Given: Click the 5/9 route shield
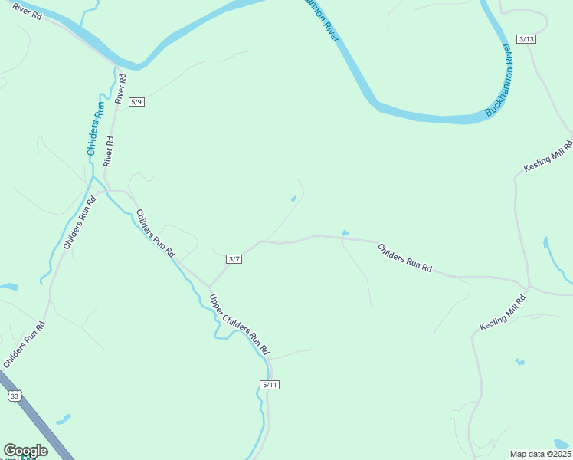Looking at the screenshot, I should (136, 102).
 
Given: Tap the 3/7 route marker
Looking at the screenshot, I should (234, 259).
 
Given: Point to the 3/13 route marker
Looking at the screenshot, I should (526, 39).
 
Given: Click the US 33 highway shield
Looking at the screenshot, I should (15, 396).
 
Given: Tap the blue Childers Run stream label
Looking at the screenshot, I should (96, 129).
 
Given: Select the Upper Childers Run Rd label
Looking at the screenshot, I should (240, 324).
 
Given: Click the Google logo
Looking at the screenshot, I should (25, 451).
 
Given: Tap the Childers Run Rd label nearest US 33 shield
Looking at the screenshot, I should (24, 345).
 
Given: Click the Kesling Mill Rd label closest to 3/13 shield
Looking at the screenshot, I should (548, 156).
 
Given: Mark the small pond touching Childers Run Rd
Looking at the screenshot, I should (345, 233).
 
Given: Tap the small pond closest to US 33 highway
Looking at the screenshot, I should (63, 419).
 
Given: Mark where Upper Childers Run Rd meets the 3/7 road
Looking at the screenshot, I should (209, 286).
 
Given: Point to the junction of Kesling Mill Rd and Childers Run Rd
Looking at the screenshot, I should (528, 286).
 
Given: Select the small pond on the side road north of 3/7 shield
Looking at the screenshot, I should (293, 200).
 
